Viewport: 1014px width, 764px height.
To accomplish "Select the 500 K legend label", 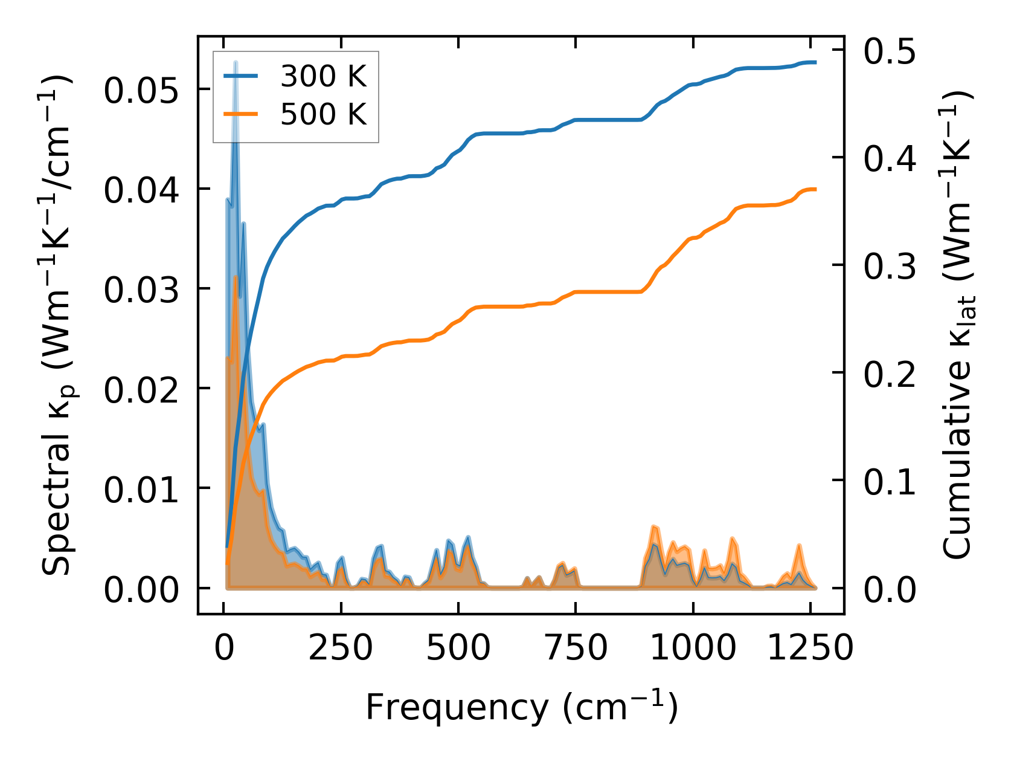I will [x=323, y=114].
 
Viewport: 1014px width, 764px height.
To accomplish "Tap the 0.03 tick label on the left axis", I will [x=142, y=290].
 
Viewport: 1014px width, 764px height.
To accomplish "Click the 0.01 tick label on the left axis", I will [x=142, y=490].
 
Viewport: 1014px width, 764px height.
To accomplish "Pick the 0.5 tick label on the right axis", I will [x=889, y=51].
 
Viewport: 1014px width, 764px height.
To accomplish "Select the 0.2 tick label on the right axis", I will [x=889, y=374].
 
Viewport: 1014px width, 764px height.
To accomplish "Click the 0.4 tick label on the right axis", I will [x=889, y=159].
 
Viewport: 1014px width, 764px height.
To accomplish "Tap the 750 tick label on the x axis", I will [x=576, y=649].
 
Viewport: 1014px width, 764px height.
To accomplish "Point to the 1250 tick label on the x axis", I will [x=810, y=649].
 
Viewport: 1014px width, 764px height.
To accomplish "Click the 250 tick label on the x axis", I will [x=341, y=649].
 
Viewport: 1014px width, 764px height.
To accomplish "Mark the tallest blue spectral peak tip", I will [x=236, y=62].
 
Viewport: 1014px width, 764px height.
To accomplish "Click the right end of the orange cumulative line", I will [x=815, y=189].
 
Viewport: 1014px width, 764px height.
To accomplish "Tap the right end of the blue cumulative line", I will [x=815, y=62].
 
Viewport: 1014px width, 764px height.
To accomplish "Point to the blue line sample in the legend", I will [x=241, y=76].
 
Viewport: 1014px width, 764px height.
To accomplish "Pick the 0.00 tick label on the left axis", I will [x=142, y=590].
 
